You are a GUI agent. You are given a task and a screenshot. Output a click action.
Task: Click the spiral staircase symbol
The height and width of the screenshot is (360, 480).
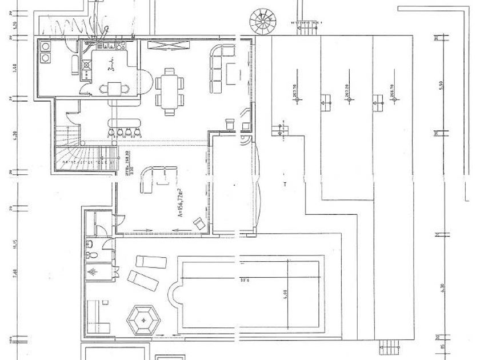coord(263,21)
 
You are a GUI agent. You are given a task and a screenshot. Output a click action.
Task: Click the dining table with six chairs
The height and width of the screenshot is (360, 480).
coord(170,91)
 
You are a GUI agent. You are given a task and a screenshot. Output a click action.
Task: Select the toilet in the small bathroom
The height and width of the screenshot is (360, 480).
coord(90,248)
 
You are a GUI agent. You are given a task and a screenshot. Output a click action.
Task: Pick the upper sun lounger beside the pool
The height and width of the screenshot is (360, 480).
coord(151,262)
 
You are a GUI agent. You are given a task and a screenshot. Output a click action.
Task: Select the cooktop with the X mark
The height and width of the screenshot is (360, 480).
coord(87,65)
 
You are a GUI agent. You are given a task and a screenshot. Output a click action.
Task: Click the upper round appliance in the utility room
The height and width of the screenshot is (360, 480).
coord(45,46)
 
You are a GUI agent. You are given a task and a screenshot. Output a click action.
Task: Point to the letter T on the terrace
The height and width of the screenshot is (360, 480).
coord(285,184)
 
